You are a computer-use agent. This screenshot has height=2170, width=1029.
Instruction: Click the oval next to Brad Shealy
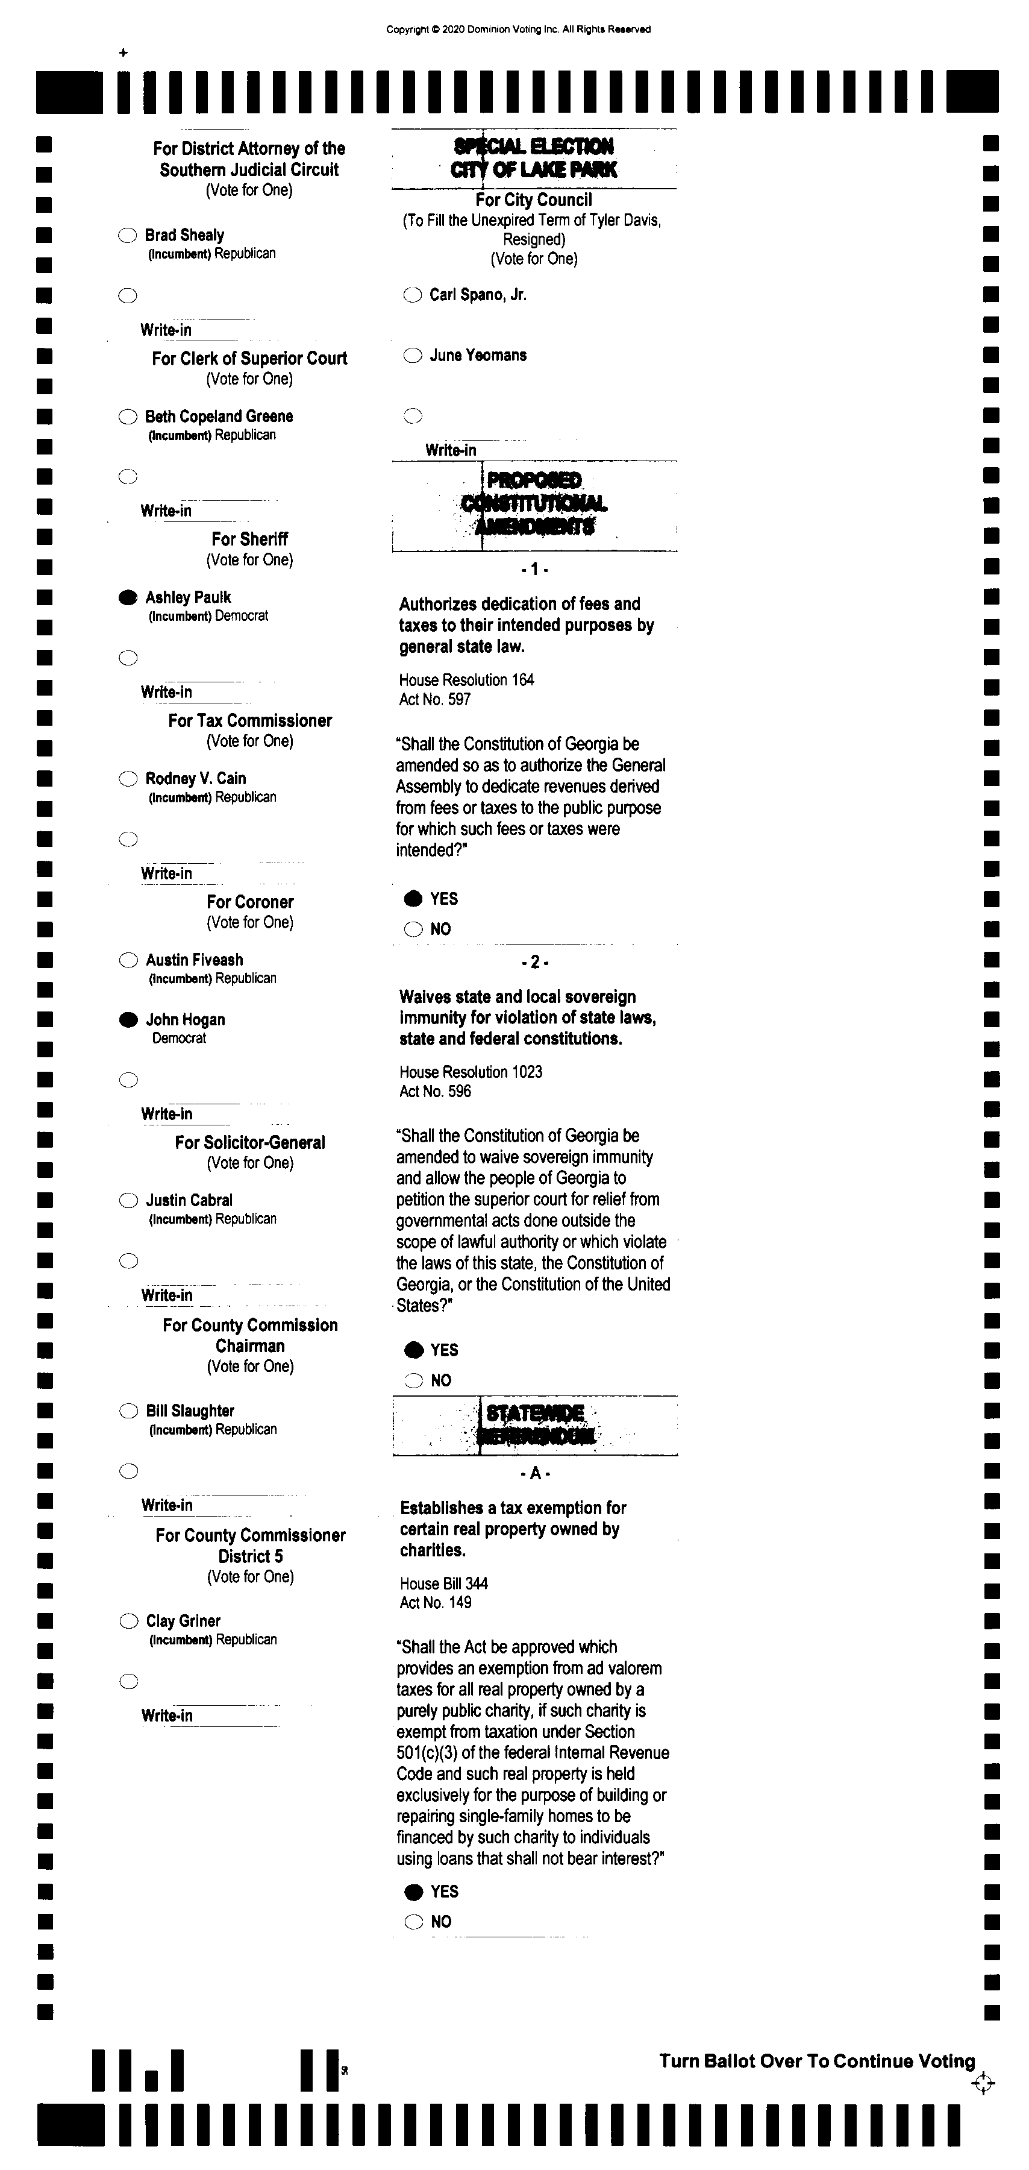pyautogui.click(x=127, y=236)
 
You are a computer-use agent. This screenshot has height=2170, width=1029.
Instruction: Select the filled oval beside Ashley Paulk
pyautogui.click(x=127, y=598)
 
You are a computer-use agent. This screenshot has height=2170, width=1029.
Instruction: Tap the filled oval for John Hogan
pyautogui.click(x=128, y=1020)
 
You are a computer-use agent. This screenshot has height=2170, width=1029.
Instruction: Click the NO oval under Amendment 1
pyautogui.click(x=413, y=929)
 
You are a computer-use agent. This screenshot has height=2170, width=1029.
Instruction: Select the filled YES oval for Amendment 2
pyautogui.click(x=413, y=1350)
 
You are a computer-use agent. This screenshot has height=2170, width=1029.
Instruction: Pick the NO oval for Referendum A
pyautogui.click(x=413, y=1922)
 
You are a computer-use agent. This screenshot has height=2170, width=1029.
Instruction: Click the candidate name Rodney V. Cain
pyautogui.click(x=195, y=778)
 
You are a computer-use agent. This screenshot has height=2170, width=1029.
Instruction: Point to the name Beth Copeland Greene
pyautogui.click(x=219, y=416)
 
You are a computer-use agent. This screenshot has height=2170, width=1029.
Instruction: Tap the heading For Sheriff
pyautogui.click(x=249, y=539)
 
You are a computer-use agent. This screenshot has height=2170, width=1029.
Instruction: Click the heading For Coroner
pyautogui.click(x=250, y=902)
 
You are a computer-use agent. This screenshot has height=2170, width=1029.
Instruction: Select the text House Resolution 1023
pyautogui.click(x=471, y=1072)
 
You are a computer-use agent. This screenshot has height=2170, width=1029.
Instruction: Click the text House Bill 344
pyautogui.click(x=444, y=1583)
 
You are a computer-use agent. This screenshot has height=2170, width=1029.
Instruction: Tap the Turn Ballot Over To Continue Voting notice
pyautogui.click(x=817, y=2061)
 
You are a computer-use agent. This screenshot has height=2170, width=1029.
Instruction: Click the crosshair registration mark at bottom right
pyautogui.click(x=983, y=2084)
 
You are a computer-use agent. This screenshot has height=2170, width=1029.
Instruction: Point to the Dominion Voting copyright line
pyautogui.click(x=518, y=30)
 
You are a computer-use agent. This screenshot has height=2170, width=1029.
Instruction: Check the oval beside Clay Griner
pyautogui.click(x=128, y=1621)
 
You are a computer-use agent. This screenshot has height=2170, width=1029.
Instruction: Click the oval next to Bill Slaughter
pyautogui.click(x=128, y=1411)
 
